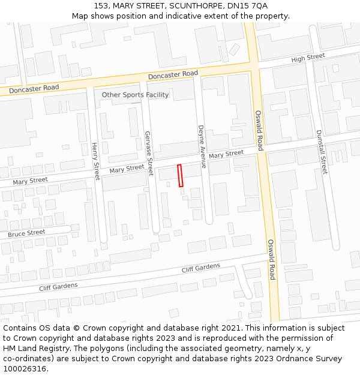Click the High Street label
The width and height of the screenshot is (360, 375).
308,58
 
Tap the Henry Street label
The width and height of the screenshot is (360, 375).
95,161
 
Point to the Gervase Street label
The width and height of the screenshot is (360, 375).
149,153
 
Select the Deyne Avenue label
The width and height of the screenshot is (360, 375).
202,146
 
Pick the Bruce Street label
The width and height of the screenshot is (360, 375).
26,233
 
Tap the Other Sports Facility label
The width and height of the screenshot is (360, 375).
135,95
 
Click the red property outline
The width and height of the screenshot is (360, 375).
180,175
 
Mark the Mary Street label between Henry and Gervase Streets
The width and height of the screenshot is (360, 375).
127,169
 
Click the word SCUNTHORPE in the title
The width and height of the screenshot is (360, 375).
194,6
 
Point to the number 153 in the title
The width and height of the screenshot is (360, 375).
101,6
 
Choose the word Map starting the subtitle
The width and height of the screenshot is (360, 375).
80,16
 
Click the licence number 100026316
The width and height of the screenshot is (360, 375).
25,369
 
